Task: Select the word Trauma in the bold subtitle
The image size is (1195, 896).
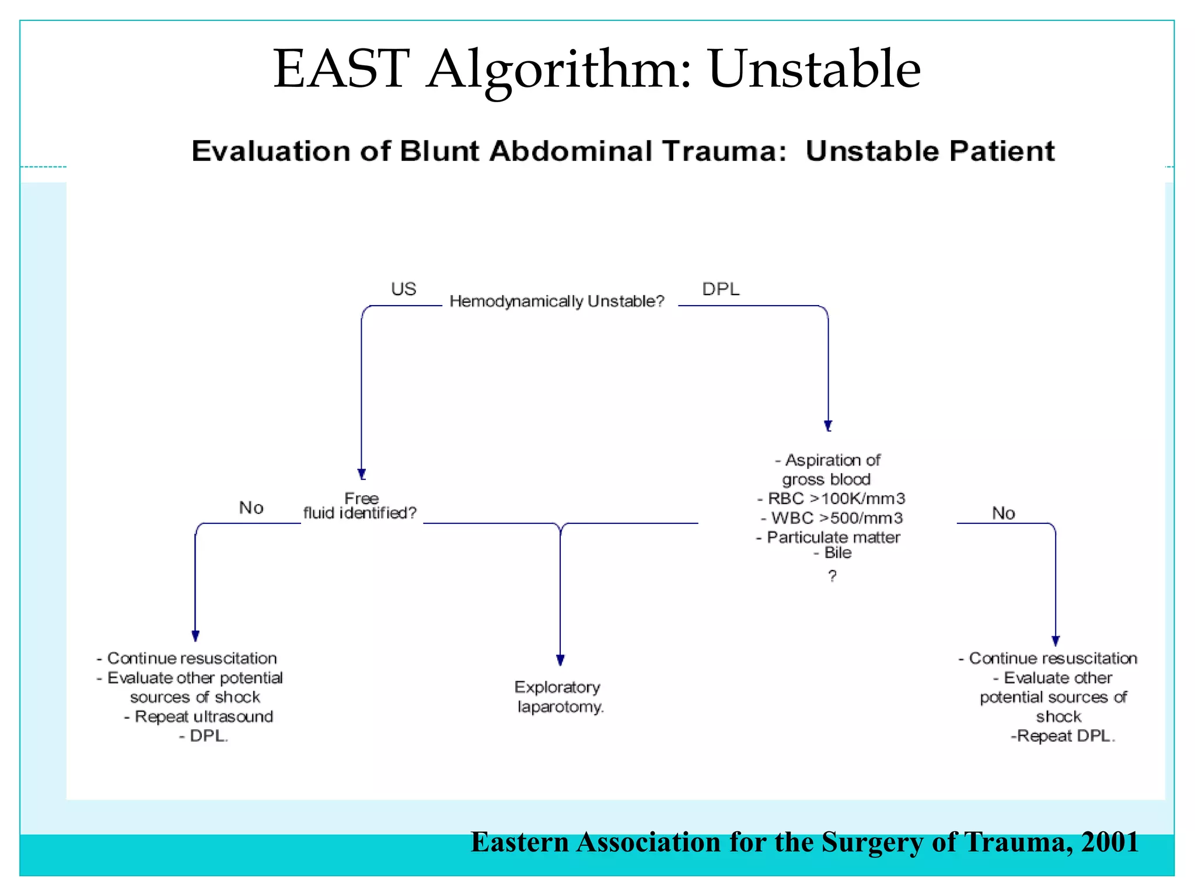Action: click(x=724, y=151)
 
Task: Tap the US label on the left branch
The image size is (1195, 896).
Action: click(x=403, y=289)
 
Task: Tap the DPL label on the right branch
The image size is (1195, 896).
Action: click(x=721, y=289)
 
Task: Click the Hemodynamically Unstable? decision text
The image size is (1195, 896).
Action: click(x=557, y=301)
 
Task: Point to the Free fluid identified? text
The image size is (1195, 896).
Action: click(x=360, y=506)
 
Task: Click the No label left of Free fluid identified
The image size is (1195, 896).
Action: click(x=251, y=508)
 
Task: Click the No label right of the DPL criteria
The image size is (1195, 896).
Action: click(x=1003, y=513)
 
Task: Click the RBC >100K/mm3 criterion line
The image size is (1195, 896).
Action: click(x=831, y=499)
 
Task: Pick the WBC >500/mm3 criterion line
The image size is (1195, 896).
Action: click(x=832, y=518)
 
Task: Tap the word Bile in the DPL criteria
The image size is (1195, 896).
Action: click(x=837, y=553)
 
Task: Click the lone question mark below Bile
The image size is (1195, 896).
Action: click(x=832, y=576)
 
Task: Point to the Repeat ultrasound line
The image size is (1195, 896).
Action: click(x=199, y=716)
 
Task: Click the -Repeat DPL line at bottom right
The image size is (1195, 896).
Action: click(x=1062, y=736)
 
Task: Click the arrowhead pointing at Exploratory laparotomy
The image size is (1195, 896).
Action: click(x=560, y=660)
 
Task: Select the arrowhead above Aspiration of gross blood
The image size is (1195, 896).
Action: click(x=828, y=425)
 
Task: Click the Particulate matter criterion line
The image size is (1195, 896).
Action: click(x=829, y=537)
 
